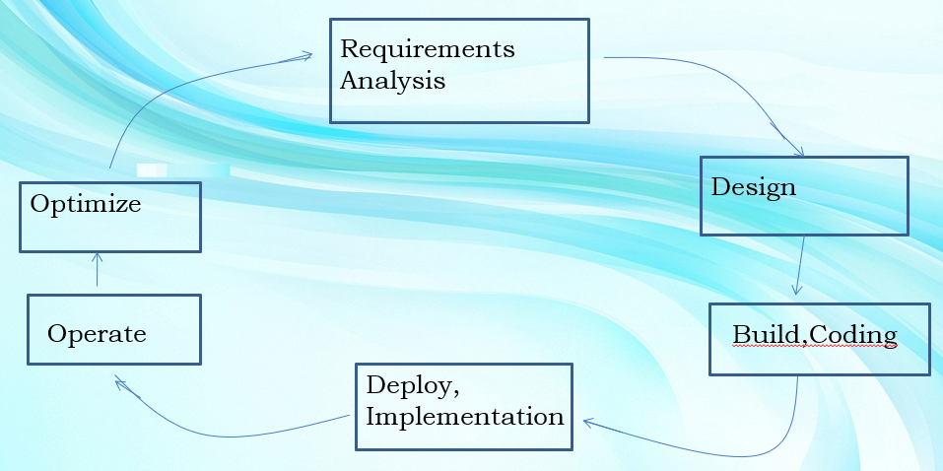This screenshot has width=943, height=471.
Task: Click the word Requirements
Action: click(x=428, y=49)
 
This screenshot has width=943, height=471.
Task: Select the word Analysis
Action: click(x=392, y=80)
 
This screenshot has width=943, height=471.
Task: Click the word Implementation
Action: click(x=464, y=416)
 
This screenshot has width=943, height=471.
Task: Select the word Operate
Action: click(x=97, y=334)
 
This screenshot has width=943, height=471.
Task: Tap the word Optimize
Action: click(x=86, y=205)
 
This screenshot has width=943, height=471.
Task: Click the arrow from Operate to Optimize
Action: click(x=97, y=269)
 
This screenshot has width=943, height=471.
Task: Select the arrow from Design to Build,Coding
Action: click(x=800, y=265)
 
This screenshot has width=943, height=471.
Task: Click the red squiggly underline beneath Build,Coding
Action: click(x=814, y=347)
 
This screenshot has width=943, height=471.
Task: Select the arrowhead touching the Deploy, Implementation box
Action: click(x=588, y=422)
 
